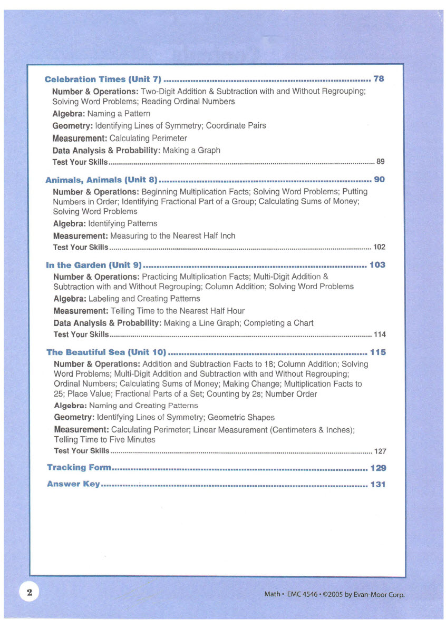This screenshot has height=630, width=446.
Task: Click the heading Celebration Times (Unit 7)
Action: click(x=103, y=80)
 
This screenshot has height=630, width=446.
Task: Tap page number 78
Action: click(x=379, y=79)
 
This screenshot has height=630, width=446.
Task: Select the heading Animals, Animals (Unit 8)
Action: click(x=102, y=180)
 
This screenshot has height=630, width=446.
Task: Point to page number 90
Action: click(x=379, y=180)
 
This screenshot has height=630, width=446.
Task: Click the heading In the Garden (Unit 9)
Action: click(x=94, y=265)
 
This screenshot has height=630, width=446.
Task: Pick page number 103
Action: click(x=377, y=265)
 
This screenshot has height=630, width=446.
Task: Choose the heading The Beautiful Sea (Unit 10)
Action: click(x=106, y=352)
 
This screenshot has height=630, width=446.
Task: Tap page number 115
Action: click(x=378, y=352)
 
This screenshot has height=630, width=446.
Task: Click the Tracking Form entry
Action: click(x=79, y=467)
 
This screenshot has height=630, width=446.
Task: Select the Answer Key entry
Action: click(x=73, y=484)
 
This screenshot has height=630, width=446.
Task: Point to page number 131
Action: click(x=378, y=484)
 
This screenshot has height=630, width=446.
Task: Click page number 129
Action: click(x=378, y=468)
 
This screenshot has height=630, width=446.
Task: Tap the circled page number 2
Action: click(x=30, y=593)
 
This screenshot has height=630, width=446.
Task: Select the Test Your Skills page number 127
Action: click(x=380, y=451)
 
